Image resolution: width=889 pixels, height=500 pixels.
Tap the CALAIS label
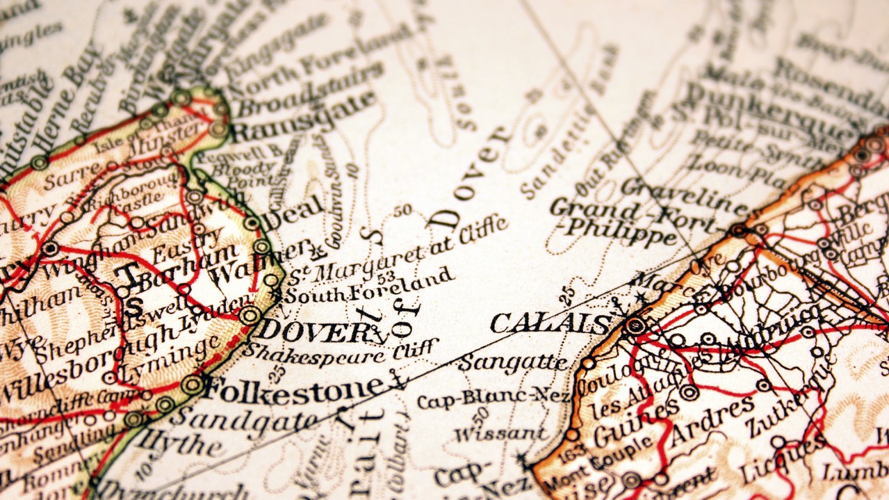(550, 323)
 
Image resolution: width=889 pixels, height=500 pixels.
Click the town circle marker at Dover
(250, 315)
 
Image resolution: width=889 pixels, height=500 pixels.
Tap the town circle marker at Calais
(634, 325)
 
